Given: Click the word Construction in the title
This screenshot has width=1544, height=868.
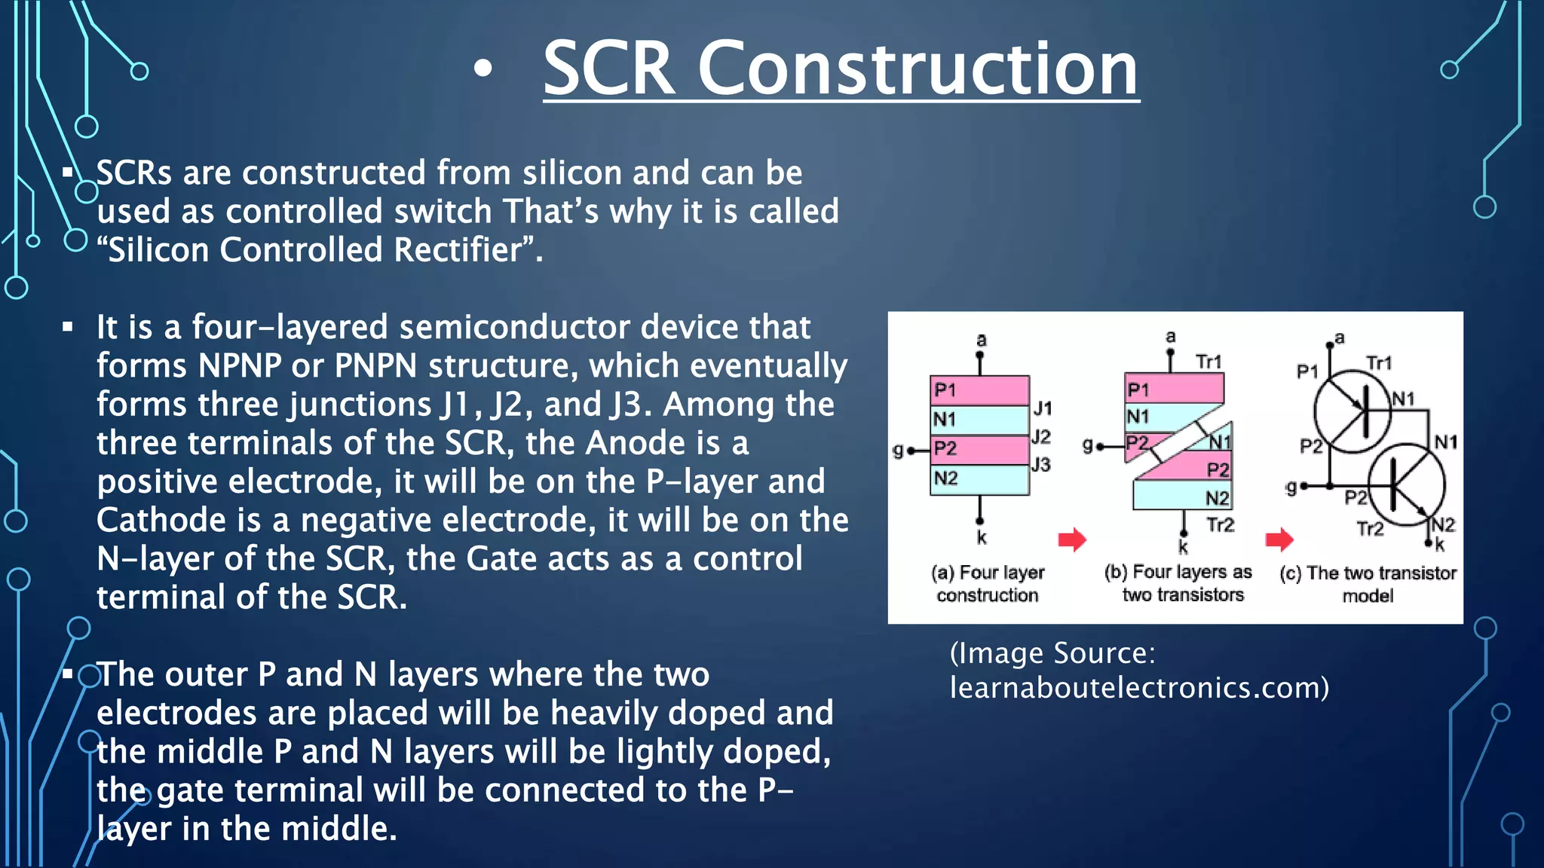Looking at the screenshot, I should (x=918, y=69).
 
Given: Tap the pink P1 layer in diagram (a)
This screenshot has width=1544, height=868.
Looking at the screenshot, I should (x=980, y=390).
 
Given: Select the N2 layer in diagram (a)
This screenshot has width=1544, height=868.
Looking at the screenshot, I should (x=980, y=479).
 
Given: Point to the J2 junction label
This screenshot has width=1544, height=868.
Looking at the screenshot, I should (x=1041, y=437).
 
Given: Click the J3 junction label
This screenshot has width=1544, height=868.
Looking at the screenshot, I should (x=1041, y=465).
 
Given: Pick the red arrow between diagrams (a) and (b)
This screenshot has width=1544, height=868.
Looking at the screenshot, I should (x=1072, y=539).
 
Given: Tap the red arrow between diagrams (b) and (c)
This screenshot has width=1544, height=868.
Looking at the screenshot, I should (x=1279, y=539).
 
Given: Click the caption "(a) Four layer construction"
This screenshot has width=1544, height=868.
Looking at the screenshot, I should (x=988, y=584).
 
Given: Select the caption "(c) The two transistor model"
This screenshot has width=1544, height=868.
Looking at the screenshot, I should (x=1368, y=584).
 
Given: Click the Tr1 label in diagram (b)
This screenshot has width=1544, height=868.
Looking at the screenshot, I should (x=1209, y=362).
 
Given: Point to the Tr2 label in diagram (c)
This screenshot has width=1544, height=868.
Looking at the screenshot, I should (x=1371, y=529).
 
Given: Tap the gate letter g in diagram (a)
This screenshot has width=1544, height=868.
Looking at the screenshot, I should (x=898, y=451).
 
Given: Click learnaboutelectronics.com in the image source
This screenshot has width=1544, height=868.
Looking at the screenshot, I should (x=1138, y=688).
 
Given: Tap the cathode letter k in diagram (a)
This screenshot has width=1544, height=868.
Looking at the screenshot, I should (x=982, y=538).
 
